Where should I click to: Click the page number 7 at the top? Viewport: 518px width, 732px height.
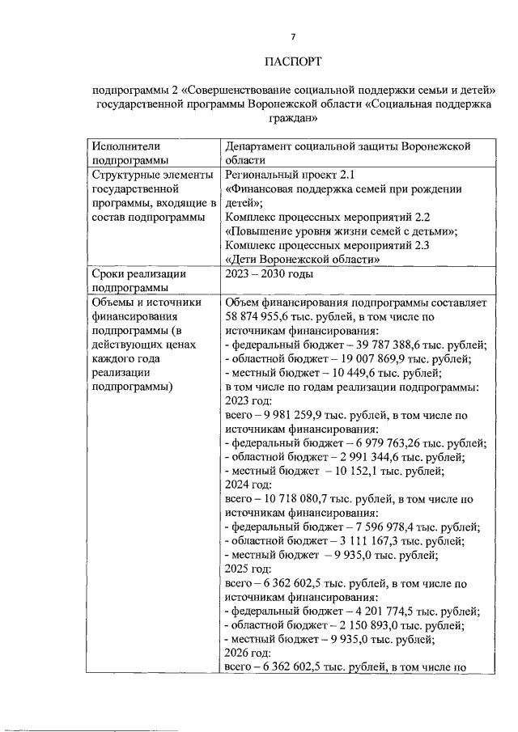[293, 36]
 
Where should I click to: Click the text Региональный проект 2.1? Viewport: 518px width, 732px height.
[290, 175]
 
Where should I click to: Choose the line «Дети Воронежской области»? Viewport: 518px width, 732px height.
[303, 260]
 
